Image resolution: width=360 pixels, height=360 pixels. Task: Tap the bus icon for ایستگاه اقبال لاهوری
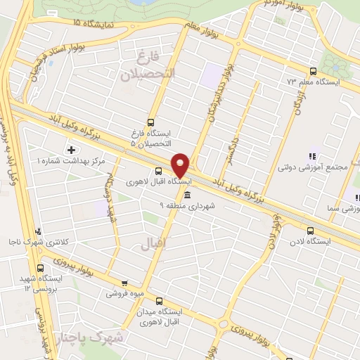158,171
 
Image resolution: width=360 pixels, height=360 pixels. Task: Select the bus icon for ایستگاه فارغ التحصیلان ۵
150,121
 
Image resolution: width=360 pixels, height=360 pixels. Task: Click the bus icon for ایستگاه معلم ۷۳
313,71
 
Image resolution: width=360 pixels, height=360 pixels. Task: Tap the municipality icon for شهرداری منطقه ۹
186,195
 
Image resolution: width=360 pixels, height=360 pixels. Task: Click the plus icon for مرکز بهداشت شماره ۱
71,150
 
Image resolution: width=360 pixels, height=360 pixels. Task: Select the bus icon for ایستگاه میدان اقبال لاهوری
159,300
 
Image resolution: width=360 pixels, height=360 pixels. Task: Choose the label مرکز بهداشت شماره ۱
70,161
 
